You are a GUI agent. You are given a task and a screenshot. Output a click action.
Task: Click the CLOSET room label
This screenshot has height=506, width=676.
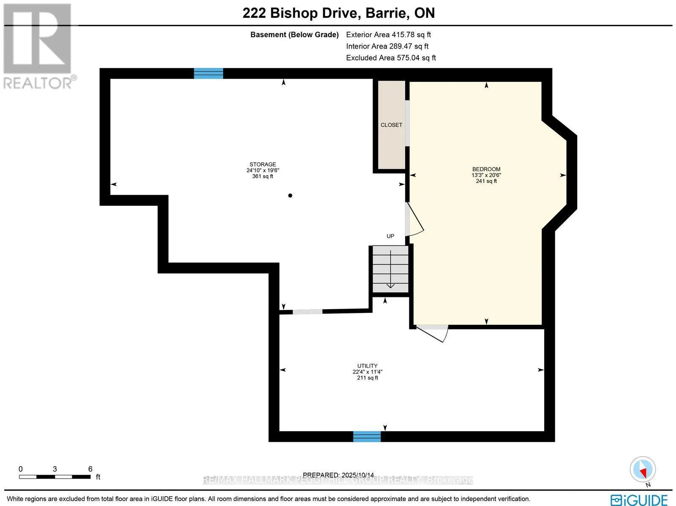391,125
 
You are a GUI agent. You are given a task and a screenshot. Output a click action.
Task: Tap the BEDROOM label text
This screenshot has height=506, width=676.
486,169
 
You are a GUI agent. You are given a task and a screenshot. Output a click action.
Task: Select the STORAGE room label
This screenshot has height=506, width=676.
262,164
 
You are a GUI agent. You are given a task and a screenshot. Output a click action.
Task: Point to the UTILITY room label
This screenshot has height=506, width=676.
367,366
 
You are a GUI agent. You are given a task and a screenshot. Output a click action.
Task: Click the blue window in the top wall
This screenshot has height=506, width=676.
208,73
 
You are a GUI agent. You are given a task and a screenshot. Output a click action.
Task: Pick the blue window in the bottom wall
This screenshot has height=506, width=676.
367,436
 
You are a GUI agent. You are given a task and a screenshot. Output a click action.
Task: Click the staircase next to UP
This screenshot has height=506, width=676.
390,269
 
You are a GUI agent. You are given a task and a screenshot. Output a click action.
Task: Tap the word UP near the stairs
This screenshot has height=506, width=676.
390,236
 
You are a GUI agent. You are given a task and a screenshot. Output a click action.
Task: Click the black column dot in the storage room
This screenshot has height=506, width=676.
290,196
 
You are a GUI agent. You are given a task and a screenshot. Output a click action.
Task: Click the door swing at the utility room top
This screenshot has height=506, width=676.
433,333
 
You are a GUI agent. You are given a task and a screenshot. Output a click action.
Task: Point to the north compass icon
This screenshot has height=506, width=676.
643,470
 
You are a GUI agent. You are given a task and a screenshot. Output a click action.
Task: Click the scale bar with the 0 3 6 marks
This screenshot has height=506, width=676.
55,476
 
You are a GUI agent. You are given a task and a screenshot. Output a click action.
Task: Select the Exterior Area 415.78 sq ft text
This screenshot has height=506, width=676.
388,35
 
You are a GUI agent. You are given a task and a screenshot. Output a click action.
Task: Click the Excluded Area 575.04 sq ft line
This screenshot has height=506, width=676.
391,58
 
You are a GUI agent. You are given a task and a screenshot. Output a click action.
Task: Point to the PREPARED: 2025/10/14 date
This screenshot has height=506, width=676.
338,475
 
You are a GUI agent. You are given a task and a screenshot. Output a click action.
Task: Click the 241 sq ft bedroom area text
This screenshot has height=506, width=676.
486,181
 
